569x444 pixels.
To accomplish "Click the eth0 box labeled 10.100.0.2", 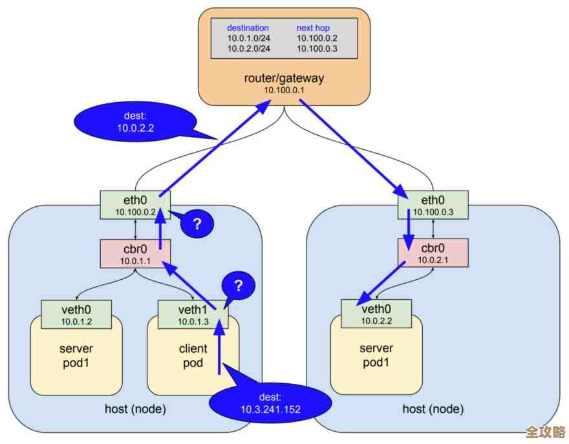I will pos(135,204).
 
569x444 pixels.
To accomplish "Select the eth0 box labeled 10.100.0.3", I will pos(433,204).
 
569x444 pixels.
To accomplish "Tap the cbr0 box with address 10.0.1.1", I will pos(135,253).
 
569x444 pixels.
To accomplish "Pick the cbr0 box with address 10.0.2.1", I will pos(433,253).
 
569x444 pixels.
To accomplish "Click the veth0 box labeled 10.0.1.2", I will pos(76,313).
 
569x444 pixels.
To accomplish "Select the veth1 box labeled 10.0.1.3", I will pos(193,313).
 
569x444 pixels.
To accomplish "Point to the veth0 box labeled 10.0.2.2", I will pos(376,313).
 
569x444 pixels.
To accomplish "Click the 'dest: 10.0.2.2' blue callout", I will pos(134,122).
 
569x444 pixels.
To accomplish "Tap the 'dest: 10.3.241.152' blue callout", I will pos(270,403).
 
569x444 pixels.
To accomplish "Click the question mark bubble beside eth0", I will pos(197,224).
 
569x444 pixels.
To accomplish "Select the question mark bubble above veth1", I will pos(238,285).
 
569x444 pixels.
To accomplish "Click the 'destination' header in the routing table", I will pos(248,28).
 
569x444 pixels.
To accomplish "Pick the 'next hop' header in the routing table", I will pos(314,28).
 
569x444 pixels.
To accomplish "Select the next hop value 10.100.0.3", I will pos(317,49).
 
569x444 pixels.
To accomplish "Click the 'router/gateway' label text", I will pos(284,78).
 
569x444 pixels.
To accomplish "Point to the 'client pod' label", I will pos(193,356).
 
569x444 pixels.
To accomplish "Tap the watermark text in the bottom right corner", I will pos(546,432).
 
